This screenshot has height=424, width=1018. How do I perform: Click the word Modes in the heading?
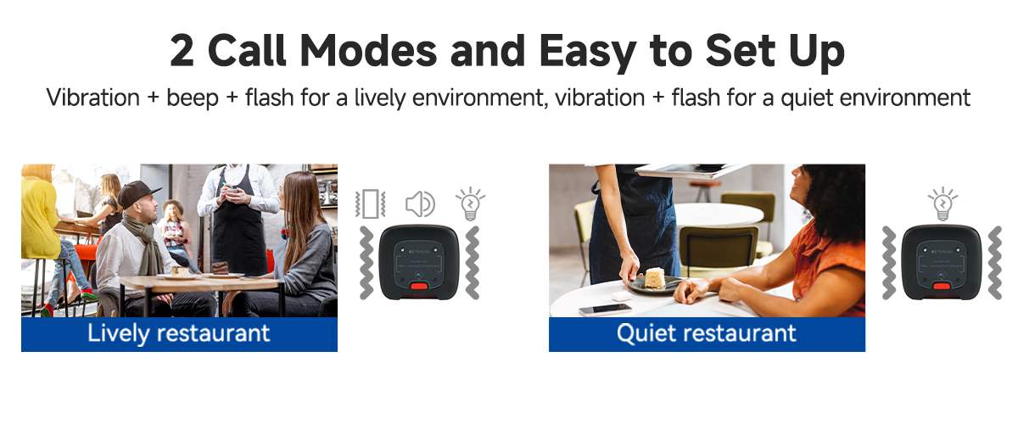click(x=368, y=50)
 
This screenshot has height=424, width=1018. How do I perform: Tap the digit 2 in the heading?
click(x=182, y=51)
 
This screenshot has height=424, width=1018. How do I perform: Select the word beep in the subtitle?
click(x=193, y=98)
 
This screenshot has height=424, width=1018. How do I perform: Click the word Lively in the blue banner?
click(x=118, y=333)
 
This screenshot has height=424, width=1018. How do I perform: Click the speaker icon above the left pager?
click(x=421, y=204)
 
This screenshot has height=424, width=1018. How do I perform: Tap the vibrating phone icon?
click(x=371, y=204)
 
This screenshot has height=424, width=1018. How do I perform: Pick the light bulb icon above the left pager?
click(x=470, y=204)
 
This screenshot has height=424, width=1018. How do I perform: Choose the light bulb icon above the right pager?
click(x=943, y=204)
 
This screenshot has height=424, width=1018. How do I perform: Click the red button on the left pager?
click(x=418, y=287)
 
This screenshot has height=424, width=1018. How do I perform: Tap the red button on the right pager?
click(x=941, y=287)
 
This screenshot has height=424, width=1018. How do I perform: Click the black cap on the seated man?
click(x=137, y=193)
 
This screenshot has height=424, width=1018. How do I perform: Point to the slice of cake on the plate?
click(x=655, y=277)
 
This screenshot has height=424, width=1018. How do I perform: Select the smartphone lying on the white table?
click(x=605, y=310)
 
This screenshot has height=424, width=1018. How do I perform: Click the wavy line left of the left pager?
click(x=366, y=263)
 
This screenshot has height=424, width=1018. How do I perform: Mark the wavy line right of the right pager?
click(x=995, y=263)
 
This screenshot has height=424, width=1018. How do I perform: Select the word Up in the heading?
click(x=817, y=53)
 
